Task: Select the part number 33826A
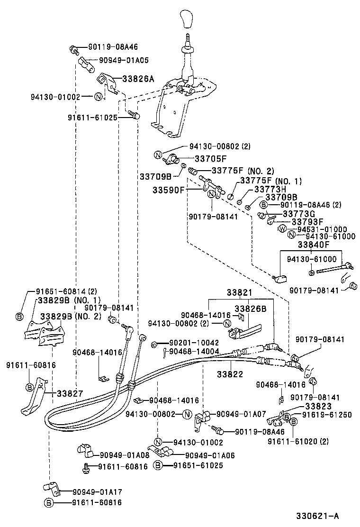[138, 79]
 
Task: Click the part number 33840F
[313, 245]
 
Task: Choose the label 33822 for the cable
[231, 373]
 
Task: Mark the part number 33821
[239, 294]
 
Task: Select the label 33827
[70, 393]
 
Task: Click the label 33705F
[211, 159]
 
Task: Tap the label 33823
[318, 406]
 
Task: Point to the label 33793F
[307, 221]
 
